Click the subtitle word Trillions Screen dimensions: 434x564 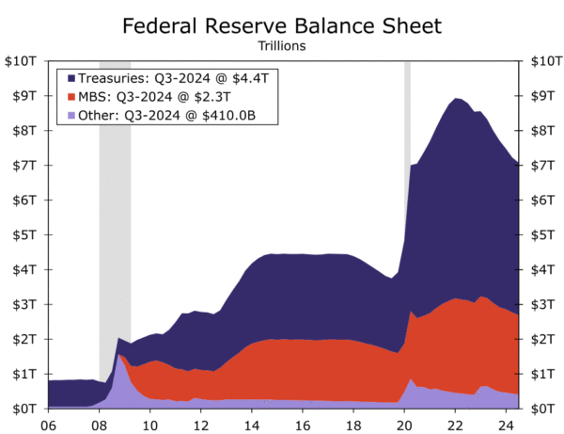[x=282, y=43]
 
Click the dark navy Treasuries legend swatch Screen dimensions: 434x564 [x=69, y=77]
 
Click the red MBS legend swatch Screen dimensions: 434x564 [x=69, y=96]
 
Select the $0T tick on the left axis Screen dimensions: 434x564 [x=23, y=408]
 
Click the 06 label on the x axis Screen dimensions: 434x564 [x=48, y=424]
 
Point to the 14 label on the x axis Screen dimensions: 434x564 [x=251, y=424]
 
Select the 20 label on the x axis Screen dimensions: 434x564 [x=404, y=424]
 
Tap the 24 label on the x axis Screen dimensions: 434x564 [x=506, y=424]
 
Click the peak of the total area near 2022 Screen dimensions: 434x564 [x=456, y=99]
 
